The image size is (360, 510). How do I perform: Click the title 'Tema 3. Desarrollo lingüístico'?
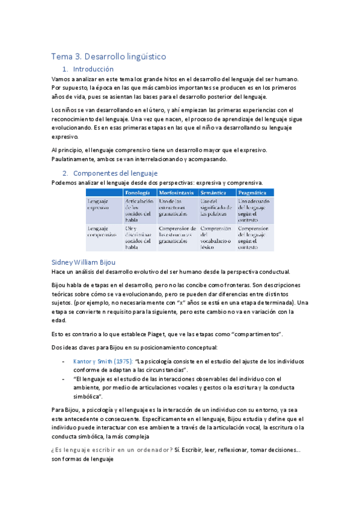[x=109, y=56]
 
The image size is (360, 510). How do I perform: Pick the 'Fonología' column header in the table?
[x=138, y=192]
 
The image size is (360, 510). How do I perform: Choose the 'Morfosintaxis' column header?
[x=177, y=192]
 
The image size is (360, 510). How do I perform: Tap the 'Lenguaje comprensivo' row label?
[x=102, y=232]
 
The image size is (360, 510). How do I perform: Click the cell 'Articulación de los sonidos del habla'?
[x=139, y=210]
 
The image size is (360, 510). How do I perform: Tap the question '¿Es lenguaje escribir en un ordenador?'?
[x=112, y=449]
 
